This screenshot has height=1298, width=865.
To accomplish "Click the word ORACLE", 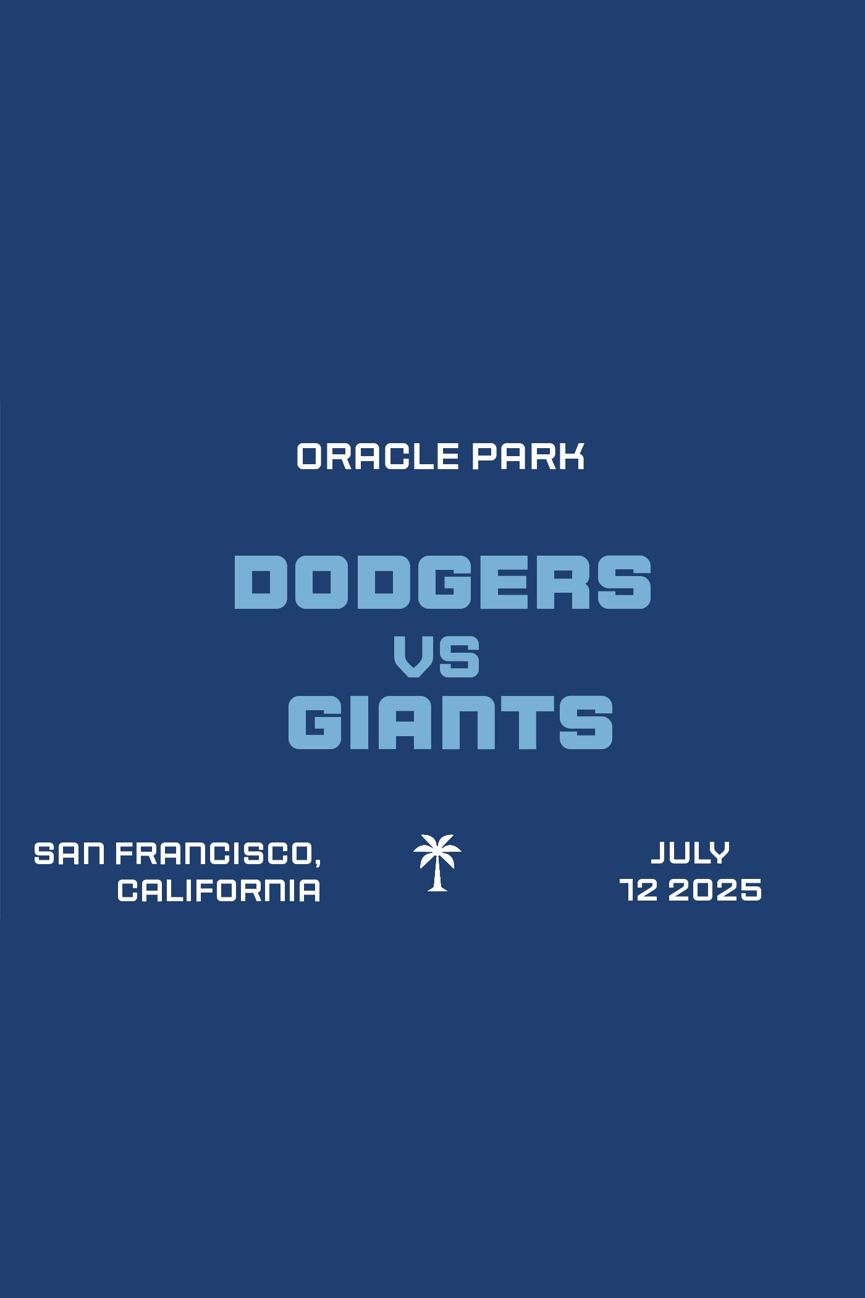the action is (378, 457).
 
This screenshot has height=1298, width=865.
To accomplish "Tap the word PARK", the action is (528, 457).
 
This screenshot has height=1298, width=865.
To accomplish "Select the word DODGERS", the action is (442, 582).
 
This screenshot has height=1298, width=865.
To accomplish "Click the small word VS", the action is (437, 656).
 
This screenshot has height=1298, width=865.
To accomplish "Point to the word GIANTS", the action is (450, 722).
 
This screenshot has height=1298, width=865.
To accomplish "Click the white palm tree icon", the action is (437, 862).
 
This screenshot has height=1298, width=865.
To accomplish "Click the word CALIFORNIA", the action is (219, 891).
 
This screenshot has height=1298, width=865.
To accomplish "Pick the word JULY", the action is (690, 853).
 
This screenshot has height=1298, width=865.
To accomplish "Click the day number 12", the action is (639, 891).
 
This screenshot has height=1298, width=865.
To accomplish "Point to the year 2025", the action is (715, 891).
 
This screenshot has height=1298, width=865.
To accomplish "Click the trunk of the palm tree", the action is (438, 875).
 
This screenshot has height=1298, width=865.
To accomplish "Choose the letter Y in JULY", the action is (719, 853).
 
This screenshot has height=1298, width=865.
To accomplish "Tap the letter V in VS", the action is (415, 656).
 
